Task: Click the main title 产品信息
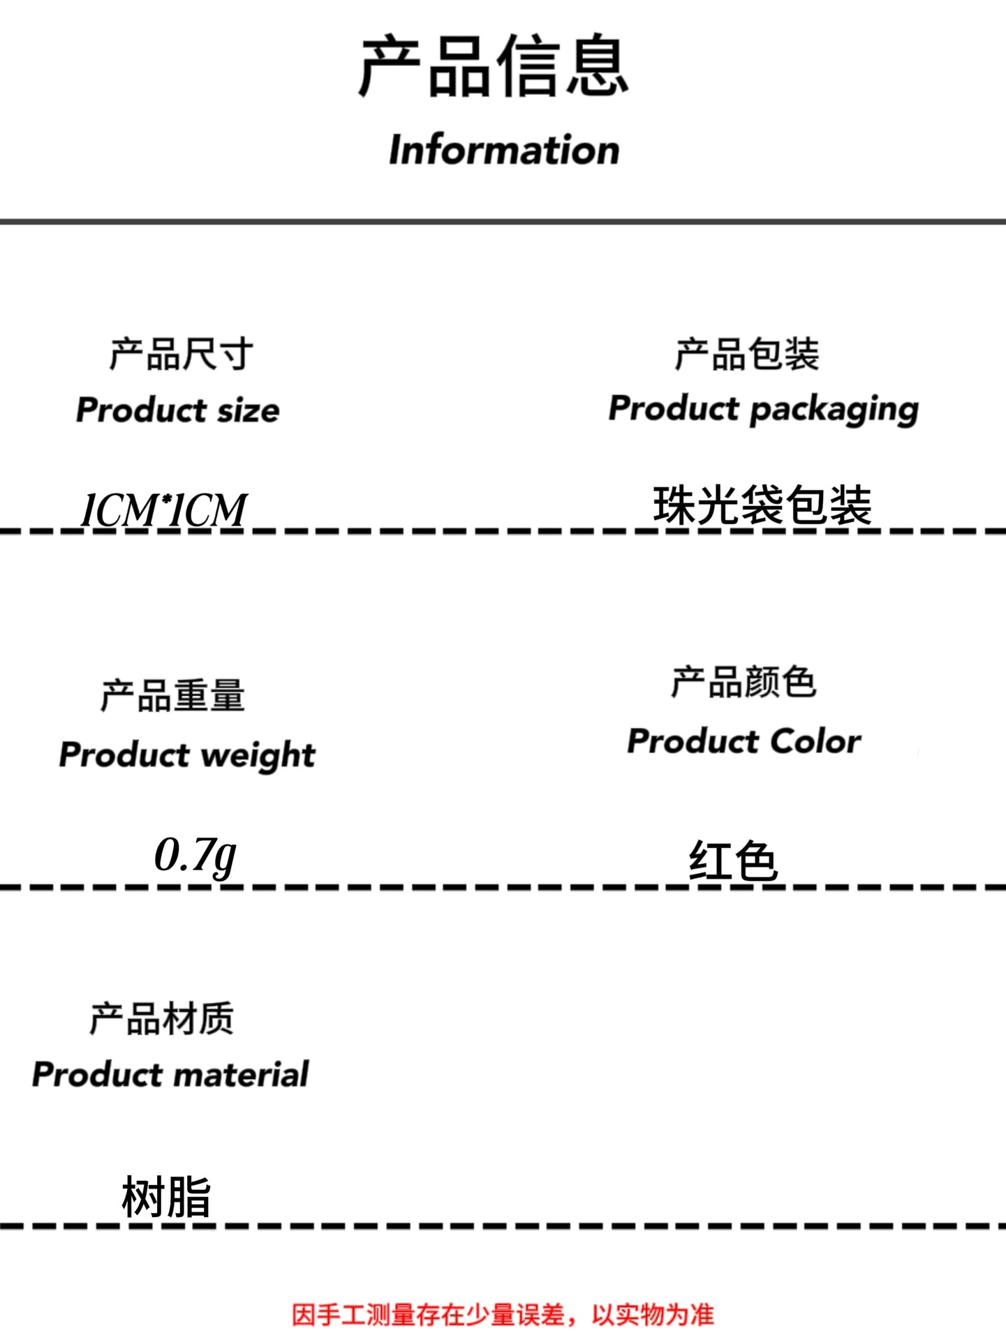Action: pos(494,66)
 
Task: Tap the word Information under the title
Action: pos(504,150)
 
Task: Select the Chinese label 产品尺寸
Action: pos(182,354)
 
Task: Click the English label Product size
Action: pos(178,410)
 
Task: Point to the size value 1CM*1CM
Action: pos(164,509)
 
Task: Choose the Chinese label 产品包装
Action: pos(747,354)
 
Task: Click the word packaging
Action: pos(834,410)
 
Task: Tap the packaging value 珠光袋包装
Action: pos(762,505)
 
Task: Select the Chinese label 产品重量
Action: pos(172,696)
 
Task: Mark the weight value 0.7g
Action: pos(195,855)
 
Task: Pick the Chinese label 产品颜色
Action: pos(744,682)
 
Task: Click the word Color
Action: pos(815,741)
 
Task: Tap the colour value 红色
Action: pos(733,861)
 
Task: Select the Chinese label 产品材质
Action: pos(161,1019)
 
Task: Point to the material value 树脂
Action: pos(166,1197)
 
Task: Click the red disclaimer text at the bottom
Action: pos(503,1315)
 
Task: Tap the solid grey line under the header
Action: pos(503,221)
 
